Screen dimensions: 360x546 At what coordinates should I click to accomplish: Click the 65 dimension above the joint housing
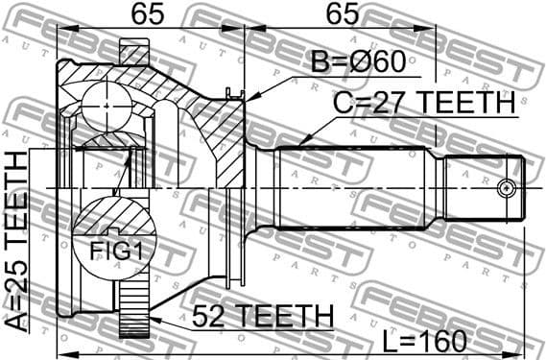point(147,14)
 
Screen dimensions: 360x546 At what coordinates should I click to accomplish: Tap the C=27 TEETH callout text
point(422,102)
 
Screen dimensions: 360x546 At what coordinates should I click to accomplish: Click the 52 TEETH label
point(261,316)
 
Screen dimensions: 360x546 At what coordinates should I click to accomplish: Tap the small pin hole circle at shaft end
point(505,187)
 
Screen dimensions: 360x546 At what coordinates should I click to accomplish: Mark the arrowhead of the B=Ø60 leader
point(248,99)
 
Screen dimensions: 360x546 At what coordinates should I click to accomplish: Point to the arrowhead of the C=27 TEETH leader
point(299,144)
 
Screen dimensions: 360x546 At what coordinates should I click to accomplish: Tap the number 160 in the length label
point(442,341)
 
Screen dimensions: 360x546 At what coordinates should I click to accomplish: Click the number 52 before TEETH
point(208,316)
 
